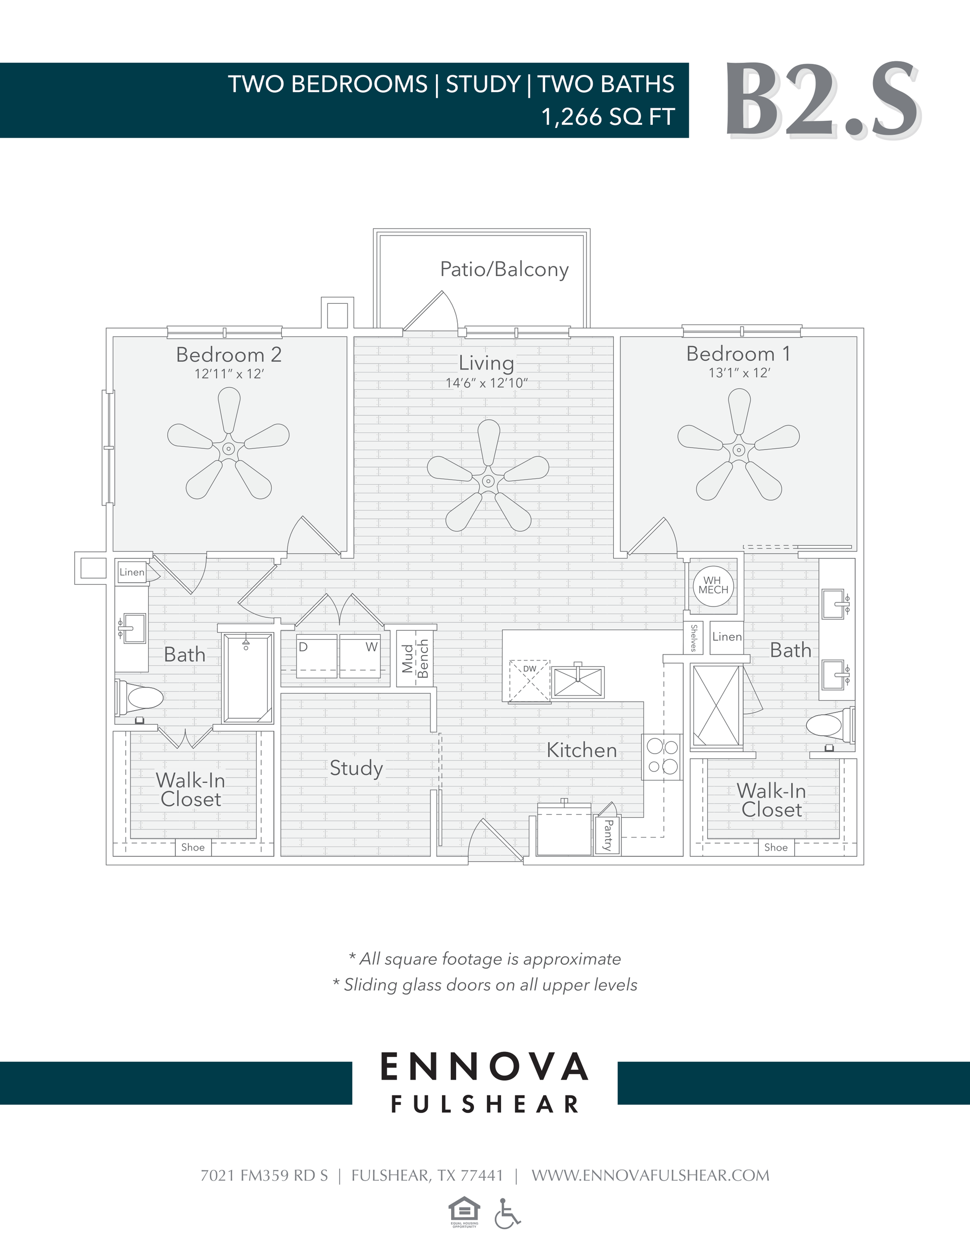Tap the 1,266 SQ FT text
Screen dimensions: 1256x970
pos(607,117)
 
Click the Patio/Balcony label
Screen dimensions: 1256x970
pos(504,269)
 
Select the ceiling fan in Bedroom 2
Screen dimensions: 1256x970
pos(228,449)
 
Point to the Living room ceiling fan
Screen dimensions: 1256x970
pos(488,480)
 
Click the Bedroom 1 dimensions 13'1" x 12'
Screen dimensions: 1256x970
pos(739,373)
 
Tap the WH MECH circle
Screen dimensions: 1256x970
pos(713,585)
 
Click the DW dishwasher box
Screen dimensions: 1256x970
pos(529,681)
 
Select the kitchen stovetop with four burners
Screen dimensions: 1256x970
pos(662,756)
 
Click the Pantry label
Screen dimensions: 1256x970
pos(608,835)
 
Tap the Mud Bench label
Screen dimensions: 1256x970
pos(415,659)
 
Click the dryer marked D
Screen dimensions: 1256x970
pos(316,656)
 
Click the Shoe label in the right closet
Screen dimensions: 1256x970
pos(775,847)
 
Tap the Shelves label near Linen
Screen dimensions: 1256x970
pos(694,638)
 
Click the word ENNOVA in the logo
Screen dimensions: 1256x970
pos(484,1067)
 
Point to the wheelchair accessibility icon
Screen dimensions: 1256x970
pos(507,1214)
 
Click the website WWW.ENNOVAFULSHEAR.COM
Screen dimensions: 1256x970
pos(650,1176)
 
